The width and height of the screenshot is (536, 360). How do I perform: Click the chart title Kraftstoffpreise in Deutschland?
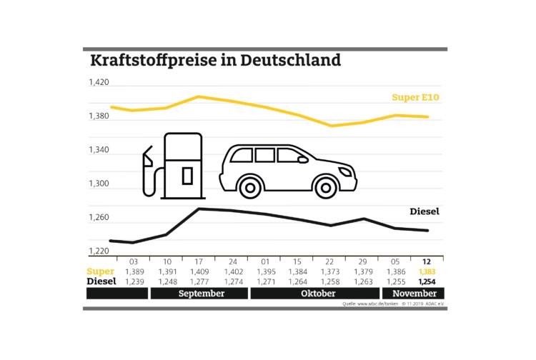point(215,60)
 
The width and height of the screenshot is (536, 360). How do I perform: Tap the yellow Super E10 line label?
point(416,98)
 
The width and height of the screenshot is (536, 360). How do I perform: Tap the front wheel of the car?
point(325,188)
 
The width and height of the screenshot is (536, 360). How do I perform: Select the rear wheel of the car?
point(249,188)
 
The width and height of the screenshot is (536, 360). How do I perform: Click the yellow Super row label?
point(100,272)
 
